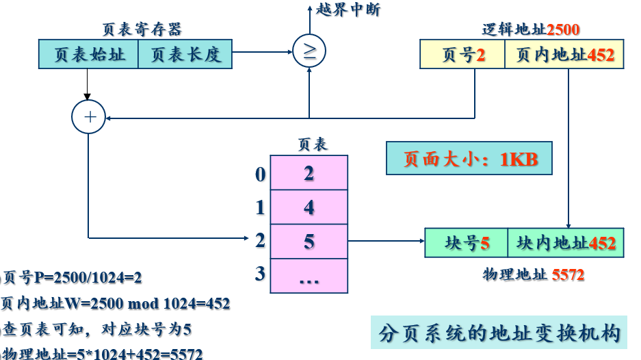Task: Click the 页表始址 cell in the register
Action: point(88,54)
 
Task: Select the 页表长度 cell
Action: point(185,54)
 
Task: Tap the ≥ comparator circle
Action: point(310,52)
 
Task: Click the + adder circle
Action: point(90,117)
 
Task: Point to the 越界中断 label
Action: point(348,10)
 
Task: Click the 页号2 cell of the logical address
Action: point(462,55)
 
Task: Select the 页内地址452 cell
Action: point(565,55)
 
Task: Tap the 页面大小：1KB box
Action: point(469,159)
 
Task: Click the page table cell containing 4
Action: point(309,207)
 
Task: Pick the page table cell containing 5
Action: point(309,241)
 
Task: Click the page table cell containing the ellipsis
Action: point(309,276)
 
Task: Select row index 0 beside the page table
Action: point(260,175)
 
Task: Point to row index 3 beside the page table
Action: point(260,274)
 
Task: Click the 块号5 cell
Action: point(467,243)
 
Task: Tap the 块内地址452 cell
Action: point(566,243)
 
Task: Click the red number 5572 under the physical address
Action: point(568,275)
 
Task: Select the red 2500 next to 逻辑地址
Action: point(563,29)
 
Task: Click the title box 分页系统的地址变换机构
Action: point(500,334)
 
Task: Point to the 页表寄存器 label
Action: point(142,29)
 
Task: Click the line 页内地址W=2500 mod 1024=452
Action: point(116,303)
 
